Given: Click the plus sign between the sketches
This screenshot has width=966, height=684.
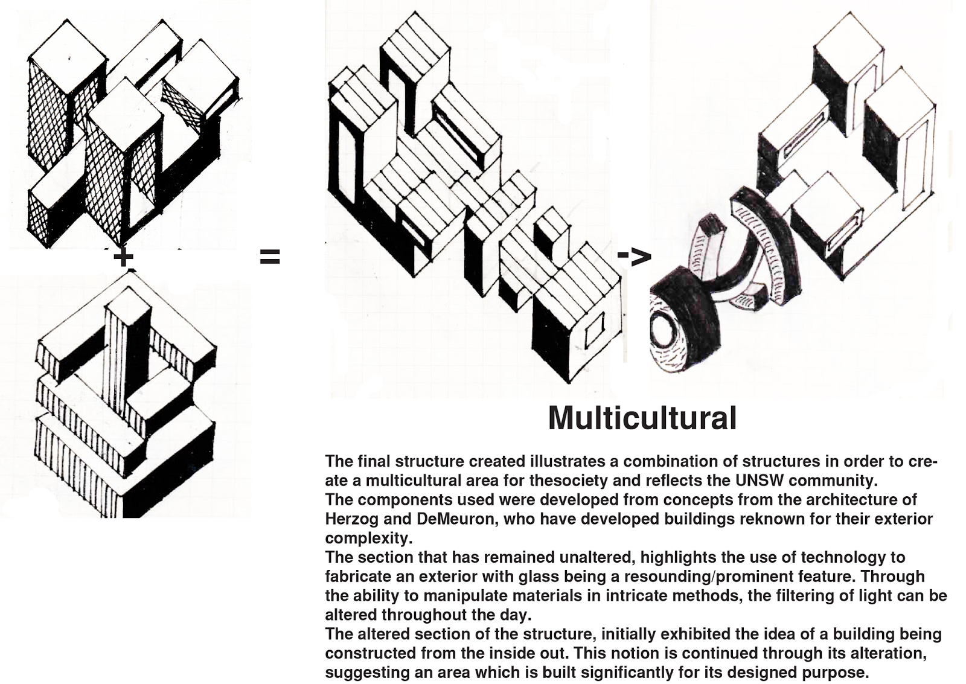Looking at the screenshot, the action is click(x=123, y=258).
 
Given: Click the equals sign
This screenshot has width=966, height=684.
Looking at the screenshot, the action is click(x=270, y=258).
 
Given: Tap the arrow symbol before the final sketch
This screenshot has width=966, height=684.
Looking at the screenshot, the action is click(x=634, y=256).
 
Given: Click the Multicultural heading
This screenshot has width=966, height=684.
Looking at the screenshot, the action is click(x=642, y=418).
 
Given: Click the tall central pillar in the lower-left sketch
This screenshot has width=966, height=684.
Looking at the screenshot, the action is click(x=126, y=350).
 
